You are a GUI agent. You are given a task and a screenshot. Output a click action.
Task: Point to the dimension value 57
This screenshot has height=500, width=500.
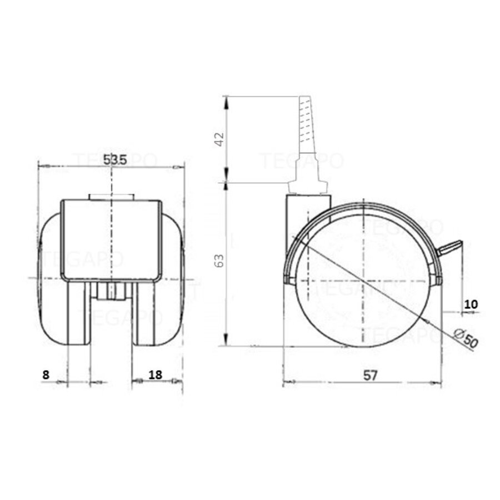click(371, 375)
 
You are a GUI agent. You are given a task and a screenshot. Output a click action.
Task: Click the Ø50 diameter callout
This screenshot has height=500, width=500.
click(466, 338)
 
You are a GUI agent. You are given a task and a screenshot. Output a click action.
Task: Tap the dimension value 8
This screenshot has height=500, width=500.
click(46, 374)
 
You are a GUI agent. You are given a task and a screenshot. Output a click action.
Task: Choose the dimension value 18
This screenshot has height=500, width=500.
click(156, 374)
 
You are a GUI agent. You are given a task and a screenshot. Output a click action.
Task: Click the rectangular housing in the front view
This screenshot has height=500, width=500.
click(111, 239)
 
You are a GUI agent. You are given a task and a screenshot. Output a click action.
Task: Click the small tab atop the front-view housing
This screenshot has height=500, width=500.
click(111, 197)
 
